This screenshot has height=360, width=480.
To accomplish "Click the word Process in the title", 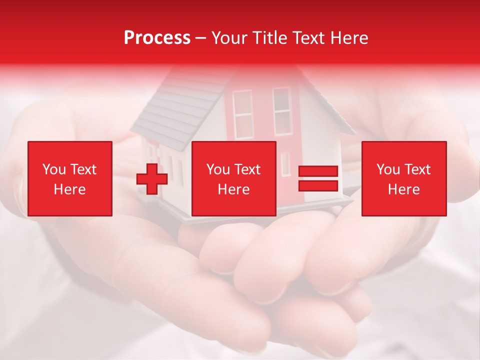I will [x=157, y=38].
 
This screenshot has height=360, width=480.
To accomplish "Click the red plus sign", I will [x=152, y=178].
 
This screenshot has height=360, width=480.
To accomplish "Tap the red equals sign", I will [x=318, y=178].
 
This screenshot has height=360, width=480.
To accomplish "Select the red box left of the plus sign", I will [x=70, y=178].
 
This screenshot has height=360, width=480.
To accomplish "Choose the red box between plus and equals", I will [x=234, y=178].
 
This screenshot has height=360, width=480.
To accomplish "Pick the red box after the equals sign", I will [x=404, y=178].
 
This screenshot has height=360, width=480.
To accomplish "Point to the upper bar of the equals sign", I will [x=318, y=171].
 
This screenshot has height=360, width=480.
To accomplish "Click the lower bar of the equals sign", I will [x=318, y=185].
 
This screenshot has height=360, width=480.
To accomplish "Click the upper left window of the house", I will [x=243, y=114].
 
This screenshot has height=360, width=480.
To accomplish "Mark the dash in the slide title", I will [x=201, y=38].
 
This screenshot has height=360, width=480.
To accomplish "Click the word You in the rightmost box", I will [x=388, y=169].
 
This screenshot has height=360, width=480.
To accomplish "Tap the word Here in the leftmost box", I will [x=70, y=189].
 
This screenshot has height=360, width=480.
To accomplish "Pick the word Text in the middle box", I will [x=247, y=169].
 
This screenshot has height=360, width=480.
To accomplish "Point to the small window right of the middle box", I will [x=285, y=163].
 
